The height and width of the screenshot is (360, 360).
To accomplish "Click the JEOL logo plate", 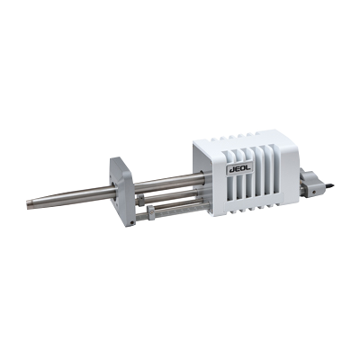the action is [239, 169].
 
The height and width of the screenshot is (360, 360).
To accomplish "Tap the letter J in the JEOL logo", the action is [231, 170].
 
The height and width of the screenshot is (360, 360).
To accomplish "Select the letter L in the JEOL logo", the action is [249, 168].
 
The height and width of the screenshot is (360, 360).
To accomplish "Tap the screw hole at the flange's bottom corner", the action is [132, 222].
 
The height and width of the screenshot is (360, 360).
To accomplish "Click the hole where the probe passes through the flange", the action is [112, 193].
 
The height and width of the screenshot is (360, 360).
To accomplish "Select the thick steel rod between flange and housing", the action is [168, 182].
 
